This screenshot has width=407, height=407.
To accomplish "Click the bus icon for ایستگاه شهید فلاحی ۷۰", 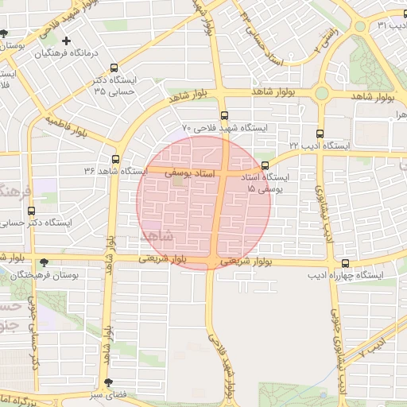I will coord(225,114).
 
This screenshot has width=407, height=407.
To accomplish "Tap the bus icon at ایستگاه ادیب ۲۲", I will coord(320,134).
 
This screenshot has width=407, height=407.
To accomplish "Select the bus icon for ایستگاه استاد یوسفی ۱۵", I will coord(265,165).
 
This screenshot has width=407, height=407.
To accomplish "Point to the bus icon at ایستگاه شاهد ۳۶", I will coord(116,159).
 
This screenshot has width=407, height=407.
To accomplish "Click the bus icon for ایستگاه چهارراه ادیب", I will coord(344,263).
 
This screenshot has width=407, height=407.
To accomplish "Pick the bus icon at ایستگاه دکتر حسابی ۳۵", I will coord(114,68).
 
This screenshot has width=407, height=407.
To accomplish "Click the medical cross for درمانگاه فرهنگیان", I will coord(66,41).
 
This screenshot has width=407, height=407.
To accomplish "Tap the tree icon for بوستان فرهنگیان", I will coord(43,262).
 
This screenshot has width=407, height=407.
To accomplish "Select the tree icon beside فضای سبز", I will coord(118,383).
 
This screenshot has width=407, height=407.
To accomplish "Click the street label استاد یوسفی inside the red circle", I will coord(189,172).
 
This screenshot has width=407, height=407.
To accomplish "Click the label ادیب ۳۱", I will coord(393,25).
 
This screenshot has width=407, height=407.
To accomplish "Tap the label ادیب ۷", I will coord(373,348).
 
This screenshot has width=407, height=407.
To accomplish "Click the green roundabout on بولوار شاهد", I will coord(321,94).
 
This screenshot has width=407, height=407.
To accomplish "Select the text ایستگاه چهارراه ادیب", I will coord(345,275).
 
